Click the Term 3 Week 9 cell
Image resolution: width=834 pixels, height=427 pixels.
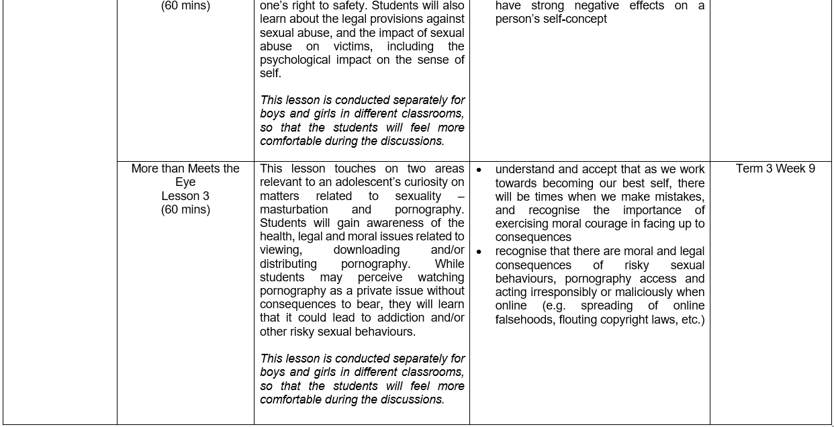tap(775, 169)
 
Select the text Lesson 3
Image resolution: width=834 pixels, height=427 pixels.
tap(185, 196)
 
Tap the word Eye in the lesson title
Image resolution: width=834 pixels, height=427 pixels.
tap(185, 183)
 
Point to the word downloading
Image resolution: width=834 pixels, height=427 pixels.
tap(366, 250)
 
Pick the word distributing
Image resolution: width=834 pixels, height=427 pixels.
tap(288, 264)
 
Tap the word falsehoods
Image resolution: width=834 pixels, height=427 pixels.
tap(524, 320)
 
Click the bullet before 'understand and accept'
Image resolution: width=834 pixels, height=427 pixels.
tap(479, 170)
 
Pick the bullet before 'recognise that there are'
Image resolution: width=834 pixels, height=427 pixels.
tap(479, 252)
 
